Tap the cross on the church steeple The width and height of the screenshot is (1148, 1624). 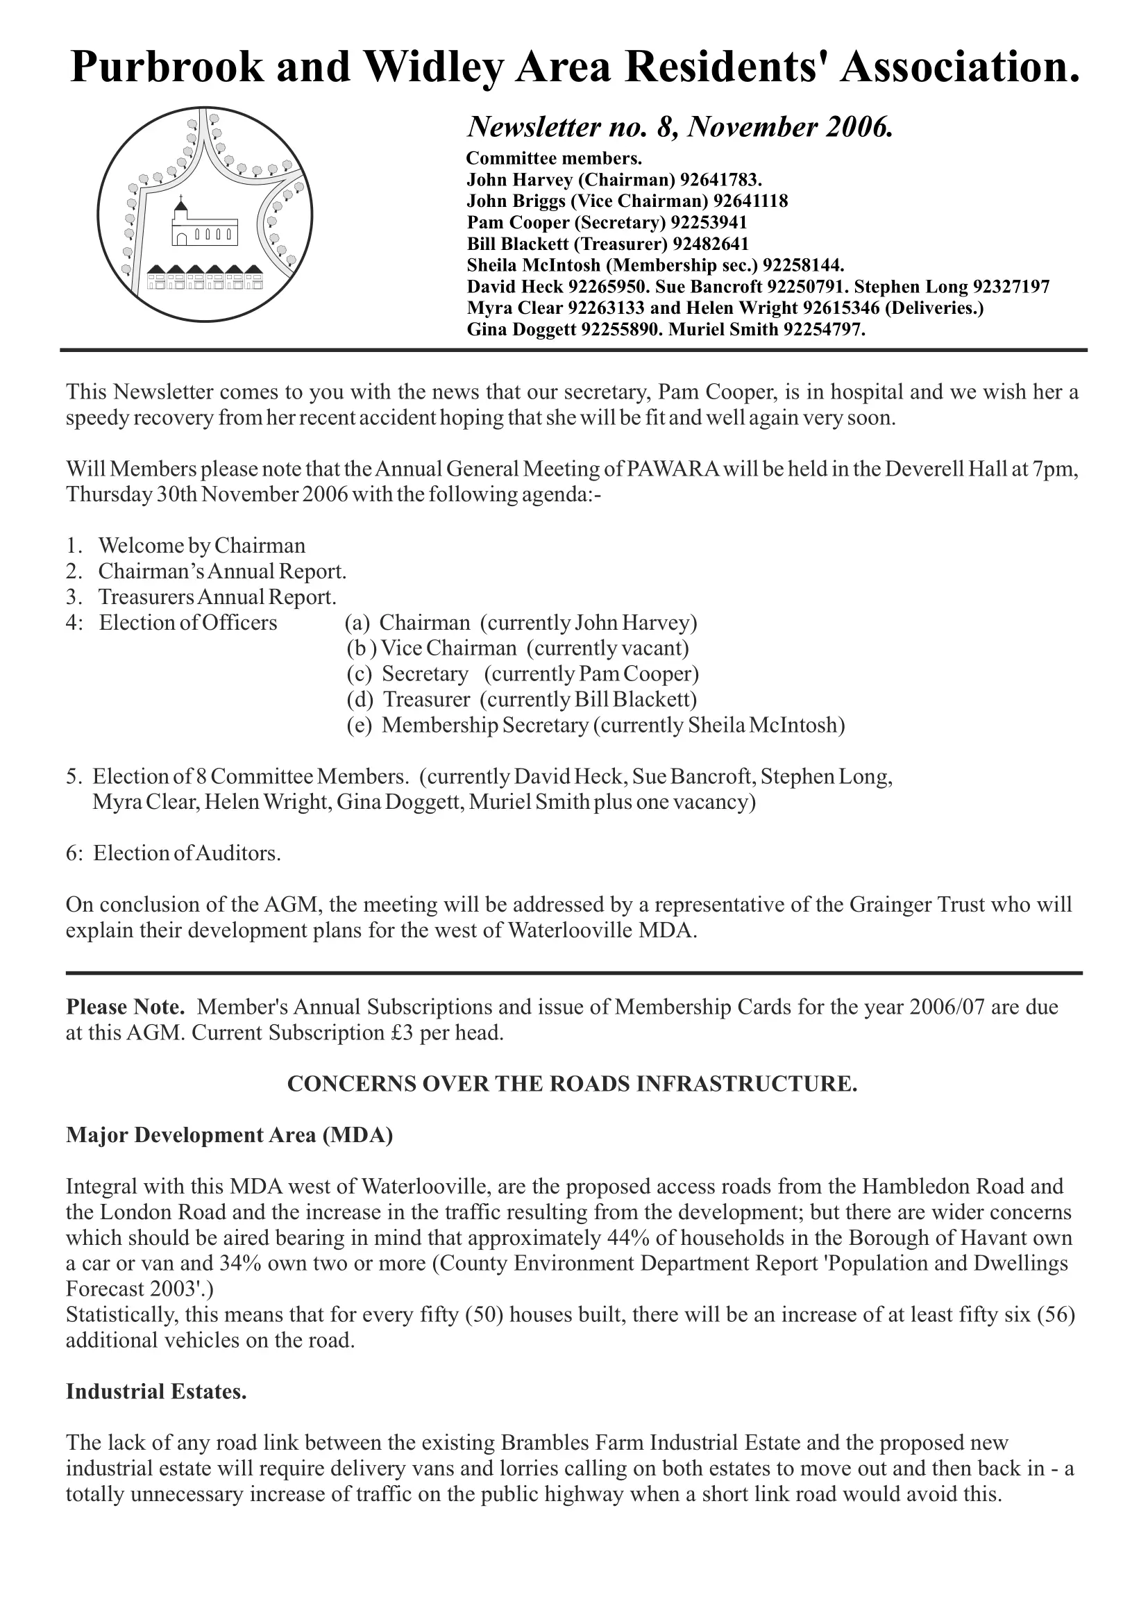coord(181,198)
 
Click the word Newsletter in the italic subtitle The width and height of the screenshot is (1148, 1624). coord(527,127)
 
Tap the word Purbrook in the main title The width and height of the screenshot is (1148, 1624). coord(167,67)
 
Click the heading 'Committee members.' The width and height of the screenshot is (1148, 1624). coord(554,158)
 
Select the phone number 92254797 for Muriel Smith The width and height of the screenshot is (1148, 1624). coord(824,330)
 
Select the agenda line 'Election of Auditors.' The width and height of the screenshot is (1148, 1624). coord(187,853)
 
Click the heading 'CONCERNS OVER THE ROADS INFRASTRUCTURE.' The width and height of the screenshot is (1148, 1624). coord(573,1085)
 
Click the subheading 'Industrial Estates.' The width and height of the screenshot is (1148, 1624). coord(156,1391)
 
